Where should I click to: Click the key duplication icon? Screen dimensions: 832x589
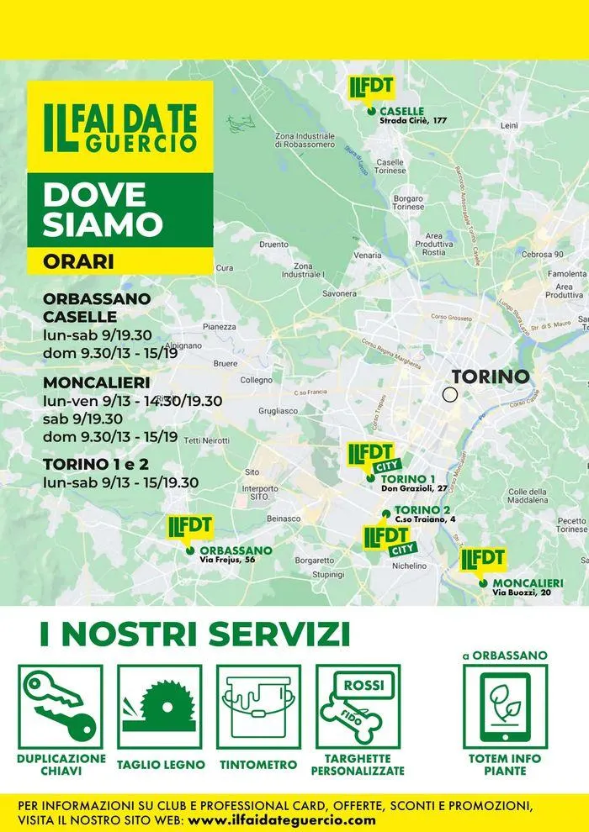(60, 707)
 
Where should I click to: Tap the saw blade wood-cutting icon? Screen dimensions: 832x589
(159, 707)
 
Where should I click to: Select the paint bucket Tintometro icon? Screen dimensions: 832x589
(258, 707)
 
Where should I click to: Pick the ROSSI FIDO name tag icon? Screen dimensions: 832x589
(358, 707)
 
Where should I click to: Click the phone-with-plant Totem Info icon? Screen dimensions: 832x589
(505, 707)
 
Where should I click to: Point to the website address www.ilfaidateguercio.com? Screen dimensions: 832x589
(282, 819)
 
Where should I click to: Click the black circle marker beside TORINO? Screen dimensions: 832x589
(450, 394)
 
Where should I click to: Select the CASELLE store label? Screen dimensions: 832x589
(401, 111)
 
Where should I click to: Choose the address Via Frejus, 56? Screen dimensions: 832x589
(227, 560)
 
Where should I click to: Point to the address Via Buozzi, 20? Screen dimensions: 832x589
(522, 592)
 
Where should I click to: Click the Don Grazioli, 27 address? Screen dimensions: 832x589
(413, 488)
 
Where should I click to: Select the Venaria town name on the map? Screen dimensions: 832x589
(368, 255)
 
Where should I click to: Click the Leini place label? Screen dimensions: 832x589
(509, 125)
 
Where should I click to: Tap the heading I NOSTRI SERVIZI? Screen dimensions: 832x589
(195, 634)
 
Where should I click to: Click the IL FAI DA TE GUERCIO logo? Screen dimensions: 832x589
(119, 127)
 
